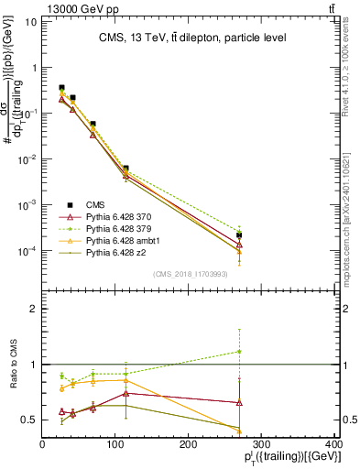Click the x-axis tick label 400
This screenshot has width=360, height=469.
(334, 444)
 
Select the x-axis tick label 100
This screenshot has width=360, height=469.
(115, 444)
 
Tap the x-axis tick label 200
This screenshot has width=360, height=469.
(189, 444)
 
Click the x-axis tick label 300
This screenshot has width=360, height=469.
(261, 444)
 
